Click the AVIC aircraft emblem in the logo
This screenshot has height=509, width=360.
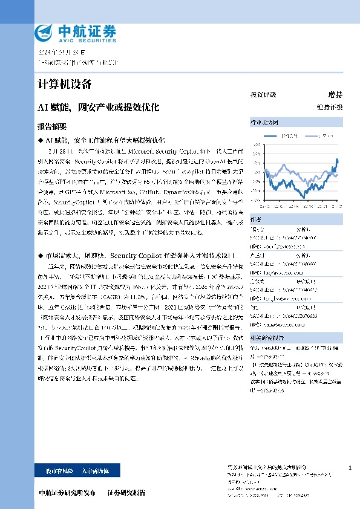[45, 31]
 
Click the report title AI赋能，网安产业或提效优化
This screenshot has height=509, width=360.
[99, 108]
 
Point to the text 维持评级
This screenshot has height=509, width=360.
[333, 107]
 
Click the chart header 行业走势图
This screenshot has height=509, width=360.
[264, 121]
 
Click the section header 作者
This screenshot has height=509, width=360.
[256, 219]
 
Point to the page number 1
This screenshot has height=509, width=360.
[350, 468]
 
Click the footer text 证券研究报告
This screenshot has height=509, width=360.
[126, 493]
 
